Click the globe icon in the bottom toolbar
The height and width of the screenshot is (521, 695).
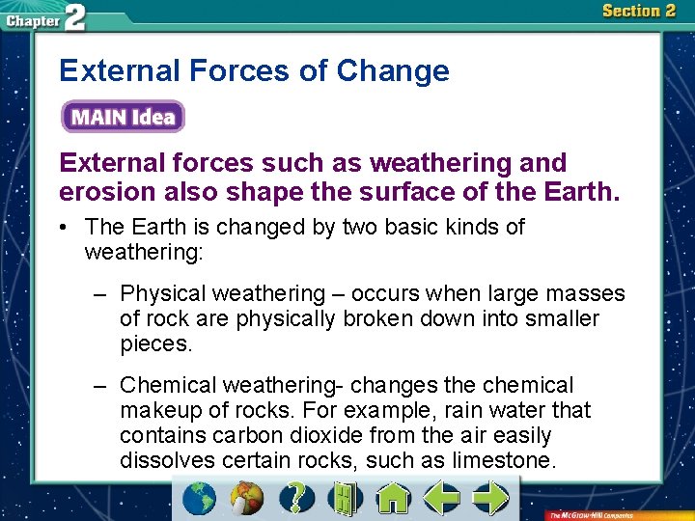tap(201, 498)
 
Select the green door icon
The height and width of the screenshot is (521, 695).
tap(344, 498)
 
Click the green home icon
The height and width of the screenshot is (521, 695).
tap(393, 498)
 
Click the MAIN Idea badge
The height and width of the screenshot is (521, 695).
tap(123, 118)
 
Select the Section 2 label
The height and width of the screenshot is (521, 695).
tap(638, 12)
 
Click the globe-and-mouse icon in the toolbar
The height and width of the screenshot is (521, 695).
tap(247, 498)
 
